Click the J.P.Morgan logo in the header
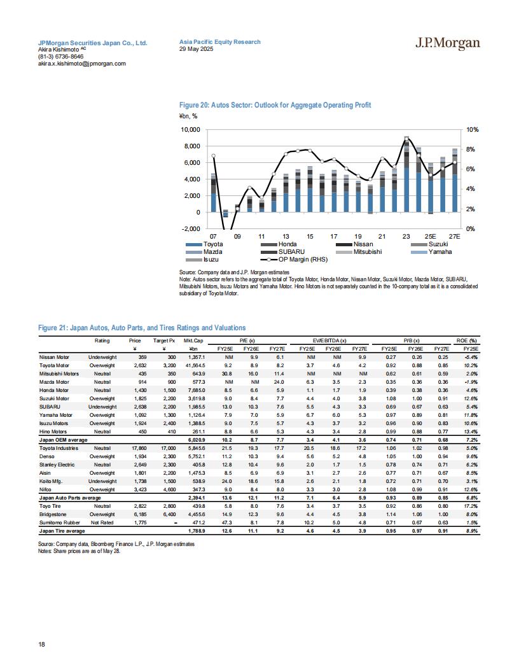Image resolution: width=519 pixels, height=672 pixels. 448,43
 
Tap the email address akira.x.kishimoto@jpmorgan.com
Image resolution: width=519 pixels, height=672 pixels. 82,64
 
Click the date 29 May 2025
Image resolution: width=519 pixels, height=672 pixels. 196,49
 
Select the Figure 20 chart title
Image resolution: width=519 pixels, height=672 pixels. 275,105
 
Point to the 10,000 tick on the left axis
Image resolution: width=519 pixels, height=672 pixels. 191,129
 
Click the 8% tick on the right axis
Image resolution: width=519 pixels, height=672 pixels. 471,149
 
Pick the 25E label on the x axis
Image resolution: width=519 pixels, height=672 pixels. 430,236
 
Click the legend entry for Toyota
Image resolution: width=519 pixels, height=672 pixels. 204,244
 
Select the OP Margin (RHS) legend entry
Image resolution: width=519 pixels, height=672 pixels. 294,259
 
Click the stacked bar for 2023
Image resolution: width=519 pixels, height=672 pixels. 406,174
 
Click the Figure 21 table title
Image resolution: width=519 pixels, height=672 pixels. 142,328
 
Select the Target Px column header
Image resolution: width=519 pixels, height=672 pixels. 165,340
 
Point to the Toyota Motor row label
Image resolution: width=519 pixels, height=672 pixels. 54,365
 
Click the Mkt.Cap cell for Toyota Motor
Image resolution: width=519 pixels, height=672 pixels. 195,365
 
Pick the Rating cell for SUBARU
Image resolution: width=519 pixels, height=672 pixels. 102,407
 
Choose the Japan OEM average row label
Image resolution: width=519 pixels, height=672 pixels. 64,440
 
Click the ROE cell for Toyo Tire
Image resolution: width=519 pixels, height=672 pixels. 471,506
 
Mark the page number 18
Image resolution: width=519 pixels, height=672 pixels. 41,644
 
